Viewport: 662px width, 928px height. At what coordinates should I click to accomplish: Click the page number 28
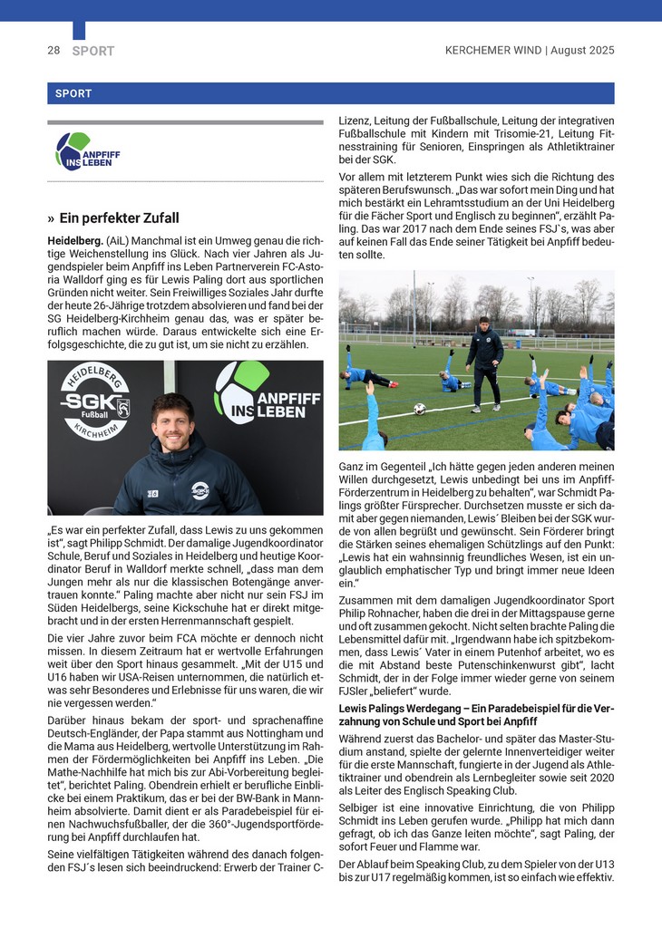(x=54, y=51)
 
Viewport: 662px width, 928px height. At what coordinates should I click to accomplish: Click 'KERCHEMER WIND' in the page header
(x=493, y=51)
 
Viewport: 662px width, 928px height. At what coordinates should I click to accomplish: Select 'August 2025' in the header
(x=583, y=51)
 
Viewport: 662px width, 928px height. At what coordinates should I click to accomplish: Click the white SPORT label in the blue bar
(x=73, y=93)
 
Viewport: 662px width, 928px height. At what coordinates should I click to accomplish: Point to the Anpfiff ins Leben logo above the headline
(x=87, y=152)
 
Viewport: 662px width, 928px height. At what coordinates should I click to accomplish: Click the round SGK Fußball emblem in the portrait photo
(x=94, y=402)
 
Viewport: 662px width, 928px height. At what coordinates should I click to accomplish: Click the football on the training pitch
(x=420, y=409)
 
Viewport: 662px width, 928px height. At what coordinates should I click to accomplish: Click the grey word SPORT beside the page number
(x=93, y=51)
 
